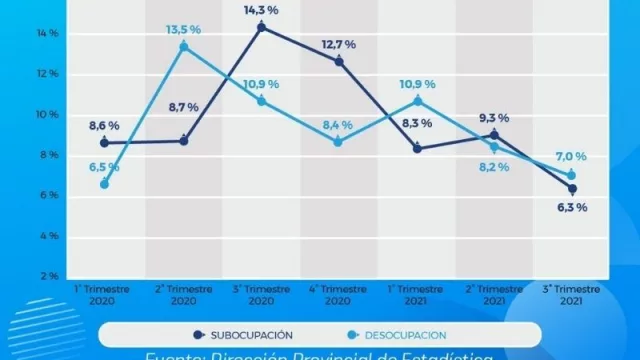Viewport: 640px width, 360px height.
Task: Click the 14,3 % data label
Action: coord(261,10)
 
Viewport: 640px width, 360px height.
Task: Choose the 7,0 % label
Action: coord(571,157)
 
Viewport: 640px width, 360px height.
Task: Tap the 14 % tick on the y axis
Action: coord(21,34)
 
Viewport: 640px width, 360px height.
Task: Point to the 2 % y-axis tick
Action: coord(21,276)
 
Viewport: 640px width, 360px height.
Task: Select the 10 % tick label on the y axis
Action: coord(21,115)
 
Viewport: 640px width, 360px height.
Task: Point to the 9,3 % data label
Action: coord(494,117)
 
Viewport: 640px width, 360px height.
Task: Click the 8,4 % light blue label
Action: coord(338,125)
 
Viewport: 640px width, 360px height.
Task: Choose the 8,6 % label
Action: coord(103,126)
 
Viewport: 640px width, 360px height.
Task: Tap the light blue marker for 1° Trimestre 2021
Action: coord(417,101)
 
